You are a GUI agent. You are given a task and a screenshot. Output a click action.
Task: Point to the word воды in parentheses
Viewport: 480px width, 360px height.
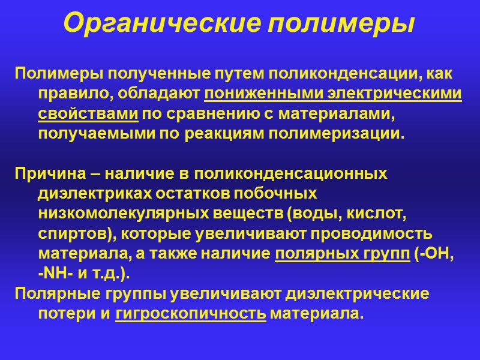pyautogui.click(x=311, y=214)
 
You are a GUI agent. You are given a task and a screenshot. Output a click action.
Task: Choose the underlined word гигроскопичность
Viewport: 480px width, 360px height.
pyautogui.click(x=191, y=313)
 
